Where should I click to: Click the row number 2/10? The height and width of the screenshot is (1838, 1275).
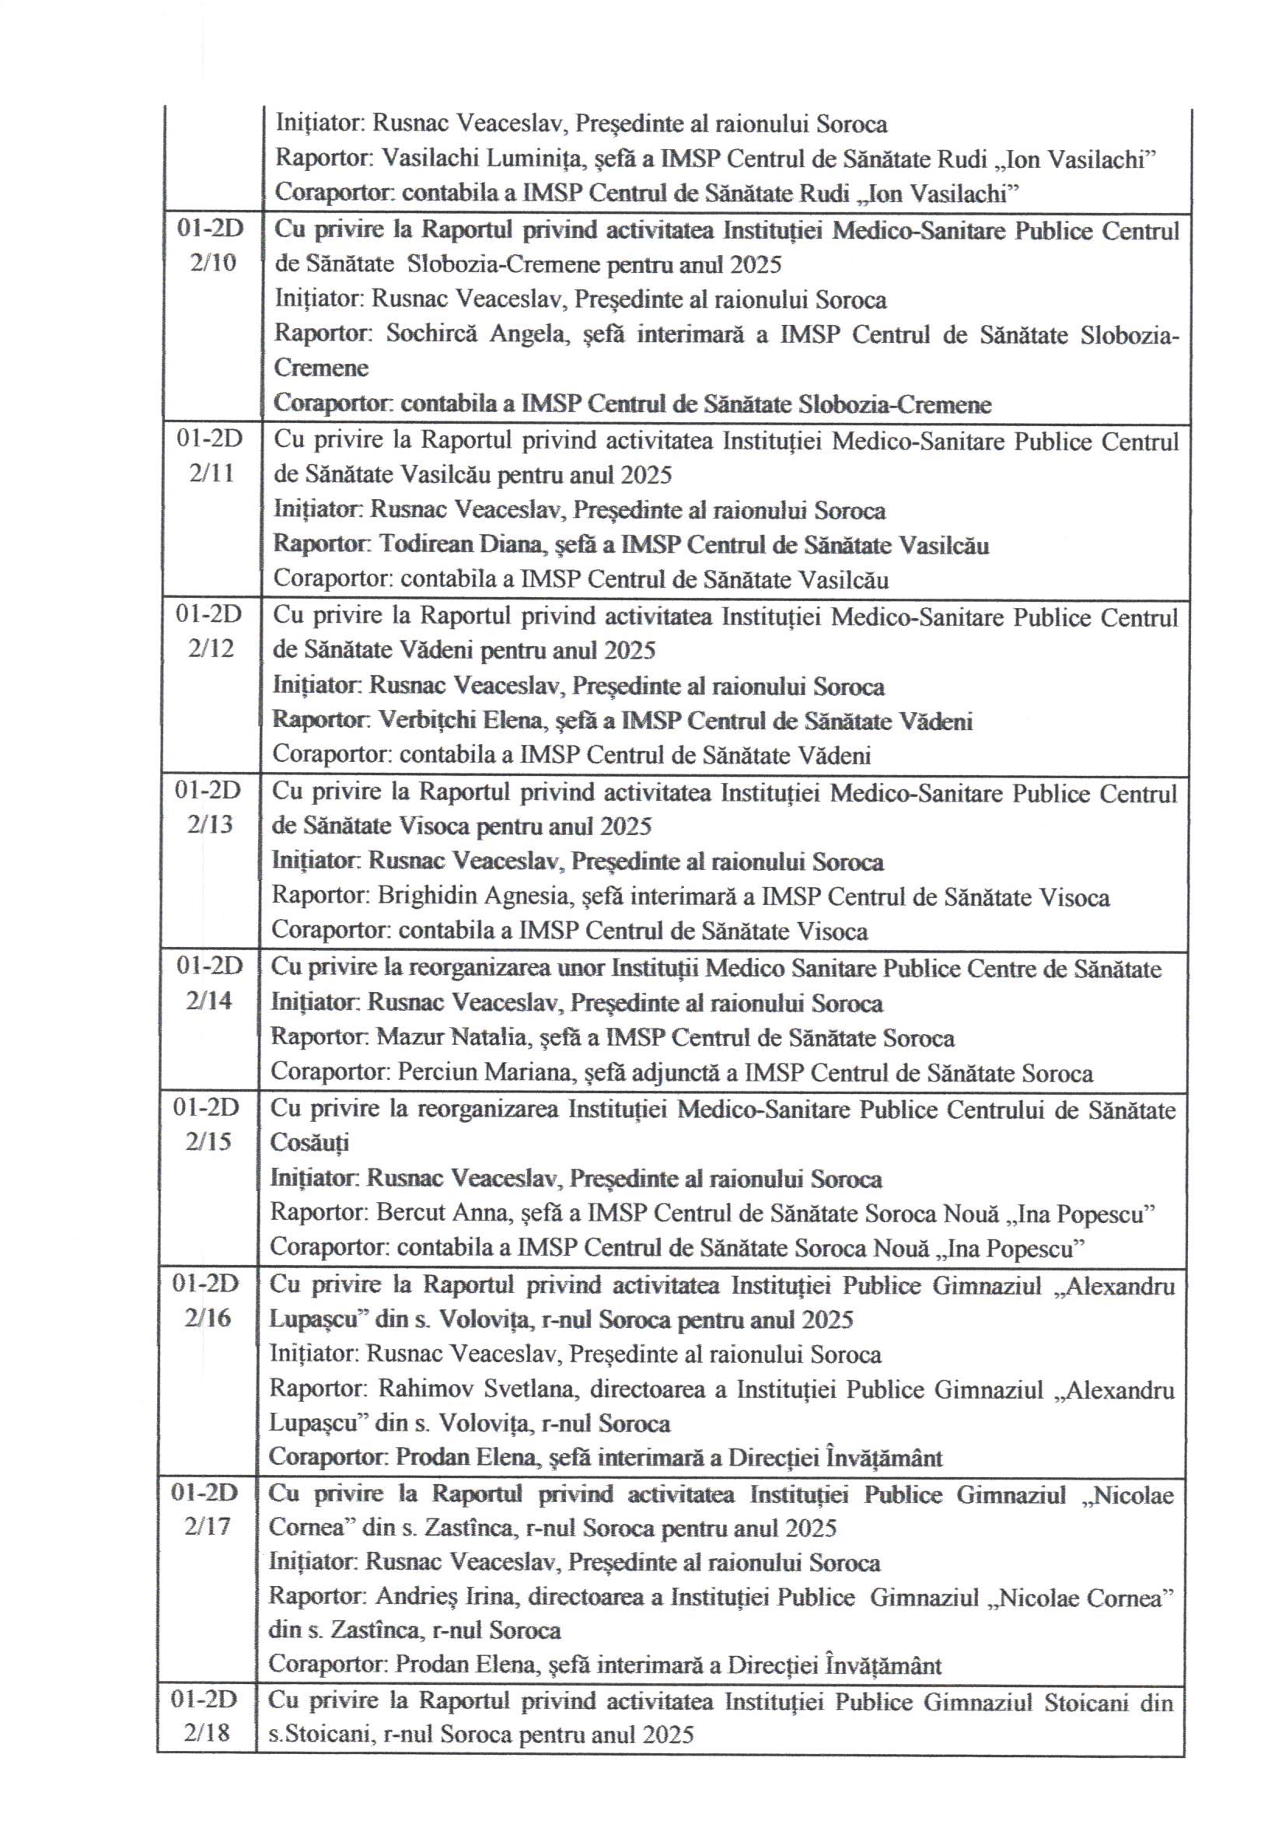tap(213, 263)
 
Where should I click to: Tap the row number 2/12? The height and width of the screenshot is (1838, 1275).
tap(211, 648)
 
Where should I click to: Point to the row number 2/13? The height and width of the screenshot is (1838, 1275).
tap(210, 824)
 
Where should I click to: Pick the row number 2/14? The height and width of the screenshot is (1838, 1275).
tap(208, 1000)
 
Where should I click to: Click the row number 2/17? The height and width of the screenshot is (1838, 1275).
tap(207, 1526)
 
